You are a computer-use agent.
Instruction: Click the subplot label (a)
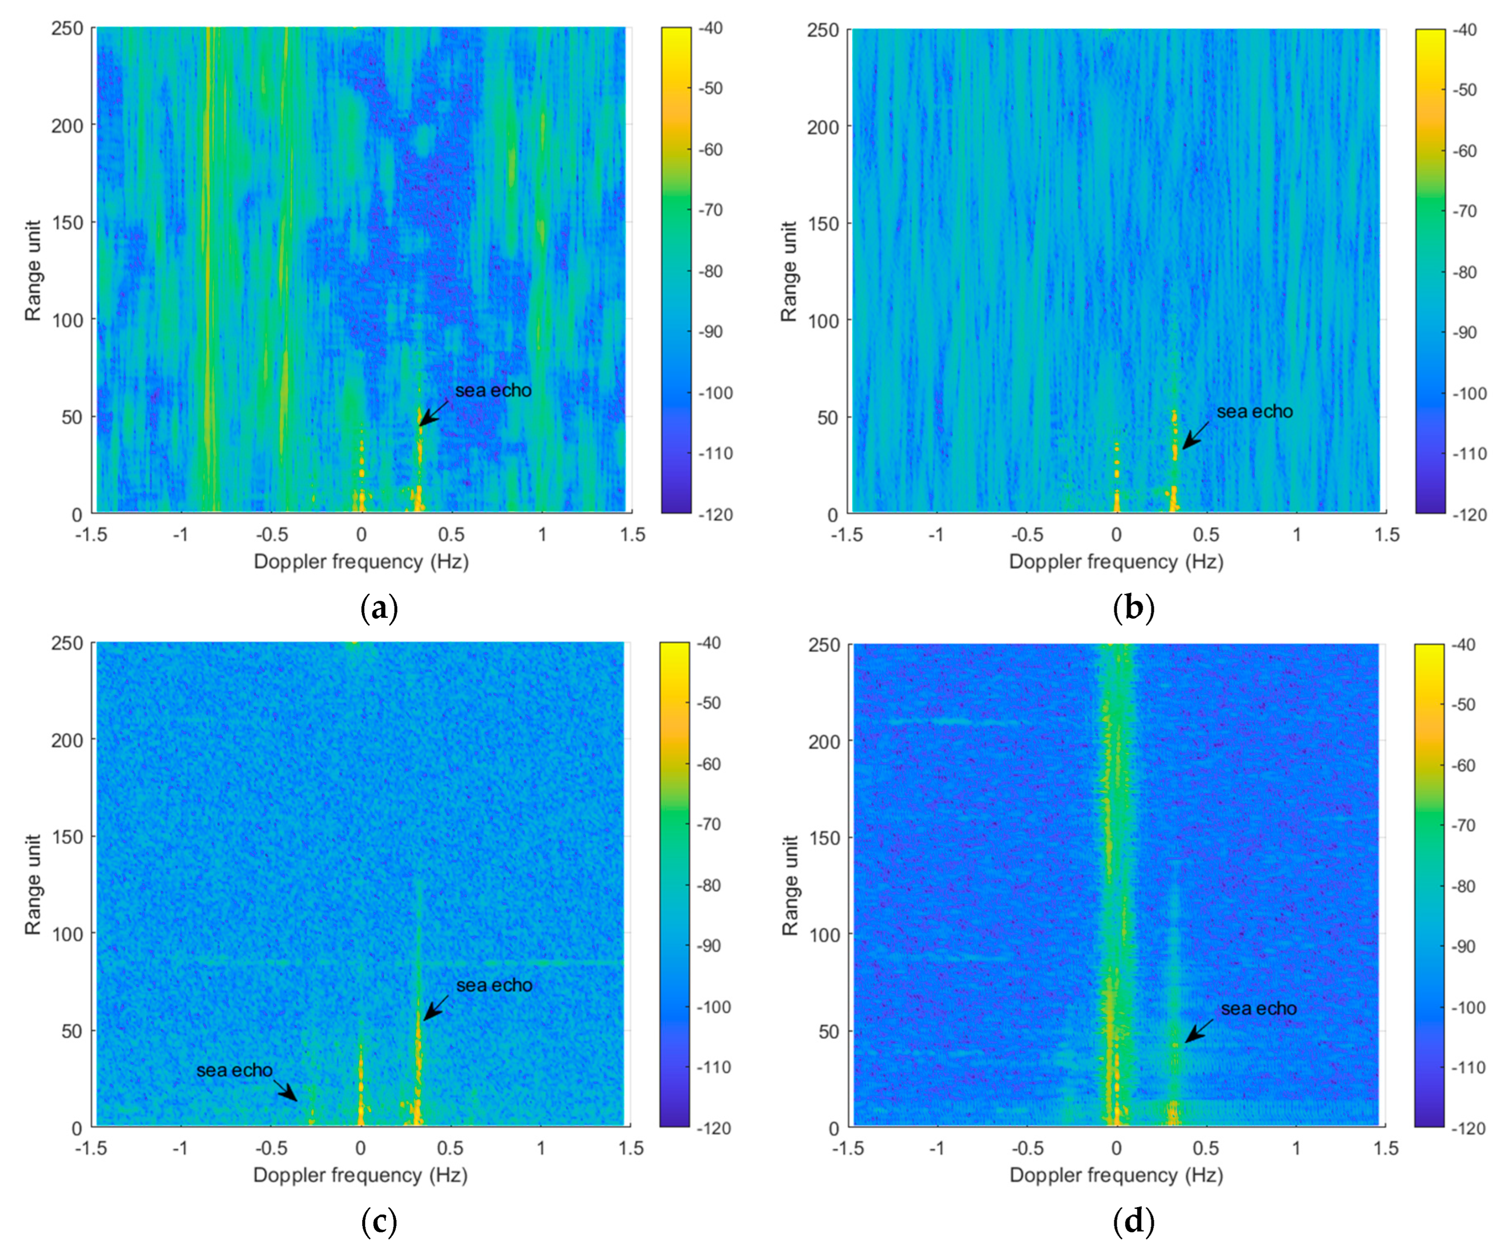[379, 609]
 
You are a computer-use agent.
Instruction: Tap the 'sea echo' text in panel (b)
[1255, 412]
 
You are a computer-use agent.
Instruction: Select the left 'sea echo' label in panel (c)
[234, 1070]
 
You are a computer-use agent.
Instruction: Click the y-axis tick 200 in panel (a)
[67, 126]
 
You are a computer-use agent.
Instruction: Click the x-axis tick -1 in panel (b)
[936, 535]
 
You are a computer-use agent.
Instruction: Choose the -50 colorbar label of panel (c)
[709, 703]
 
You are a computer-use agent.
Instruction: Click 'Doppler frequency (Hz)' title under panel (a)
[361, 562]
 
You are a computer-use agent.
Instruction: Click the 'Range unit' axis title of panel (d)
[790, 886]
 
